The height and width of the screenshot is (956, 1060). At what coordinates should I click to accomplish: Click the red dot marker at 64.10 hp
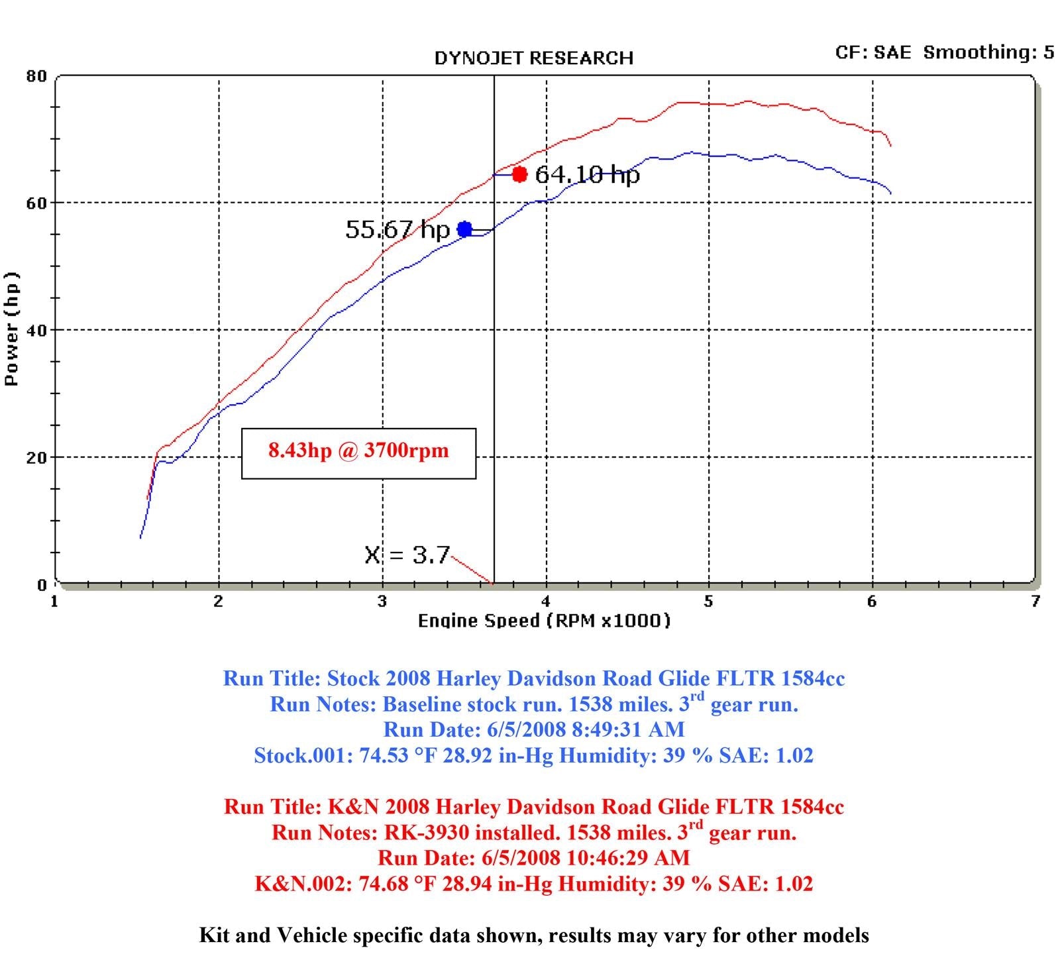519,175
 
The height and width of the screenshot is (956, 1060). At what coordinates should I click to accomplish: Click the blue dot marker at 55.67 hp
464,230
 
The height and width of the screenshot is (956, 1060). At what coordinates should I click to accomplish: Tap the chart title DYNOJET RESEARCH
533,58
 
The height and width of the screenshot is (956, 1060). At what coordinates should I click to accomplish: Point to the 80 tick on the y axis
37,76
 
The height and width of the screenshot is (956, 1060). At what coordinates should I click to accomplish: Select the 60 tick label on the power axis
37,203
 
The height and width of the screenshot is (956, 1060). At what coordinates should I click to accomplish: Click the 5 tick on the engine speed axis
709,601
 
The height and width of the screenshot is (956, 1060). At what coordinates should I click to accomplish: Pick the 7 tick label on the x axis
1035,601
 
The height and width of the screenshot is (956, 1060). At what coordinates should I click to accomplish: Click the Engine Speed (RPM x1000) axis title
544,621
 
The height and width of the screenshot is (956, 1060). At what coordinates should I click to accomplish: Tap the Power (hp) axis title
11,329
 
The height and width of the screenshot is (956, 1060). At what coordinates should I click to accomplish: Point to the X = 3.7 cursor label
407,555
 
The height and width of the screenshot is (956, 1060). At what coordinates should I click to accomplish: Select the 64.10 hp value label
587,175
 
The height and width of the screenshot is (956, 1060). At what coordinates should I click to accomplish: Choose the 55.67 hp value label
397,230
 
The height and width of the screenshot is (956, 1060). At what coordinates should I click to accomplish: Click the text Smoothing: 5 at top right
988,52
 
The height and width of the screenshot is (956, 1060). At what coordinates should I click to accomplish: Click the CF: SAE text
873,52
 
